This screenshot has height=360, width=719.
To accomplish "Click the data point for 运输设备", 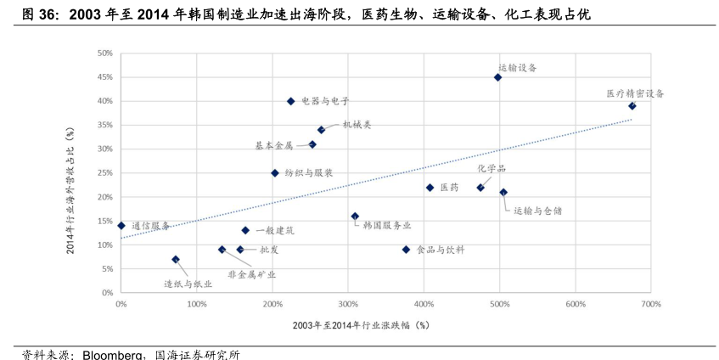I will pyautogui.click(x=498, y=77).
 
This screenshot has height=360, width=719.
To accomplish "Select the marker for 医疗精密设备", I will pyautogui.click(x=632, y=106).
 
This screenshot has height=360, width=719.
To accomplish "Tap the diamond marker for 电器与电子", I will pyautogui.click(x=290, y=101).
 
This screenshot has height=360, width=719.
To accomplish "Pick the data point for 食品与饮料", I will pyautogui.click(x=406, y=250).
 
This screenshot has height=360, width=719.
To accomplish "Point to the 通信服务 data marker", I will pyautogui.click(x=121, y=226).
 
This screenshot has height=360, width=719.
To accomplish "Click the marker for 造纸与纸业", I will pyautogui.click(x=176, y=260).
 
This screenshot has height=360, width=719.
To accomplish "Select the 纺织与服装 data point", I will pyautogui.click(x=275, y=173).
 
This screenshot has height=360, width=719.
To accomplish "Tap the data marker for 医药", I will pyautogui.click(x=430, y=188).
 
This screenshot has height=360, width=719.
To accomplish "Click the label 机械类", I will pyautogui.click(x=357, y=125).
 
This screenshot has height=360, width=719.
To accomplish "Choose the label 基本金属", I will pyautogui.click(x=274, y=145).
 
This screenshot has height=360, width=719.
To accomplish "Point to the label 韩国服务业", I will pyautogui.click(x=386, y=225).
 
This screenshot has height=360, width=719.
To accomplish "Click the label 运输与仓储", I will pyautogui.click(x=537, y=210).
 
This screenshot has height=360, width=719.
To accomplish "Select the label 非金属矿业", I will pyautogui.click(x=251, y=274).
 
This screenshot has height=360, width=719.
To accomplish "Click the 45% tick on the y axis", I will pyautogui.click(x=105, y=77).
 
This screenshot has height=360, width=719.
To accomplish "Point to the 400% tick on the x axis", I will pyautogui.click(x=424, y=303).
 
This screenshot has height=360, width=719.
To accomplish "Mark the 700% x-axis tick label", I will pyautogui.click(x=650, y=303).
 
